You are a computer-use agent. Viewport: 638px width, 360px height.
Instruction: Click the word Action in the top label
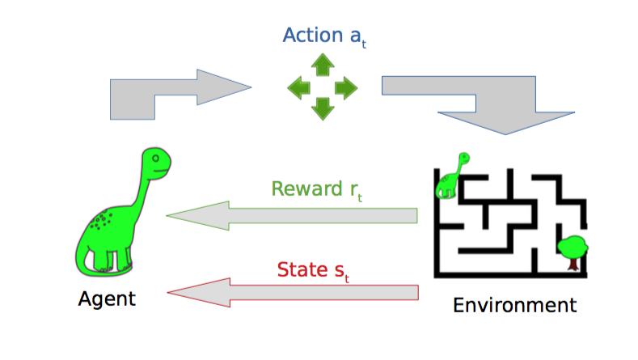tap(311, 36)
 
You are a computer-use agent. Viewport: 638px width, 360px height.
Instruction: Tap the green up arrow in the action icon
tap(323, 65)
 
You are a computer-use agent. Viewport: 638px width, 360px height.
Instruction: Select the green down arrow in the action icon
tap(323, 107)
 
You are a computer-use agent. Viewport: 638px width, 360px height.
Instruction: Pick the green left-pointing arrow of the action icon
tap(301, 87)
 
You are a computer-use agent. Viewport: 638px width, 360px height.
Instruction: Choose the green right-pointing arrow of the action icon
tap(345, 87)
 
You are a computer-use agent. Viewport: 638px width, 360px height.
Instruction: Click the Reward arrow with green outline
tap(291, 216)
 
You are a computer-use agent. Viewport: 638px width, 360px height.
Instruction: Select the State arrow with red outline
tap(291, 293)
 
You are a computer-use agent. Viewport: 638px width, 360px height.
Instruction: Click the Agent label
tap(107, 299)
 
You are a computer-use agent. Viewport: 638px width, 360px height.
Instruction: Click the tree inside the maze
tap(573, 249)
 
